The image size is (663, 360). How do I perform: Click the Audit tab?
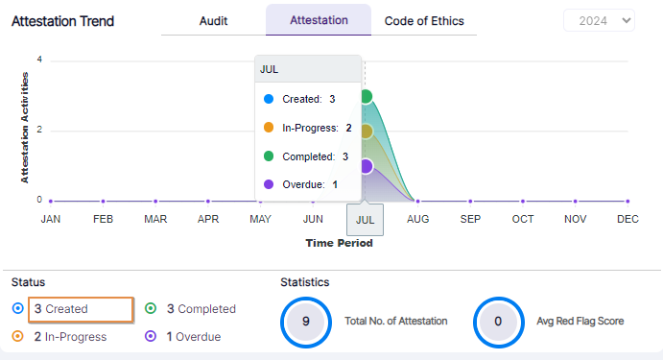213,20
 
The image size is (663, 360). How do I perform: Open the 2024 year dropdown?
599,20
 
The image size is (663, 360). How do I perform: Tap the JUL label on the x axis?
365,219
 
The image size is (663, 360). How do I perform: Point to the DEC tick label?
627,219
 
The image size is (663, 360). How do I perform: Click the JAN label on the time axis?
51,219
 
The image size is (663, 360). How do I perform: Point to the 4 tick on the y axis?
39,60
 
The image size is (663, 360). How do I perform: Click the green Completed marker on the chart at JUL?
365,96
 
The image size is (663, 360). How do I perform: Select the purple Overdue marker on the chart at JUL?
365,166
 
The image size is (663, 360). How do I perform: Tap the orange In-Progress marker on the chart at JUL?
365,132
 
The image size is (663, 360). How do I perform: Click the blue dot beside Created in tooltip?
269,99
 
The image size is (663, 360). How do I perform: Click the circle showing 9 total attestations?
305,322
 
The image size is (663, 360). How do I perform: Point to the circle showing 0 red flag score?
498,322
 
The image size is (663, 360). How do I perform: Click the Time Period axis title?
339,243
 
